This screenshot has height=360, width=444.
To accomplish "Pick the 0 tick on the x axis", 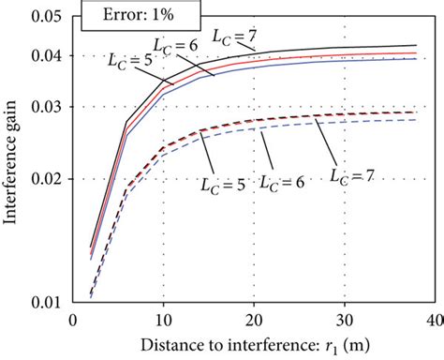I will click(x=73, y=321).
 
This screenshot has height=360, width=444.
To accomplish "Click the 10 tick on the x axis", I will click(x=163, y=321).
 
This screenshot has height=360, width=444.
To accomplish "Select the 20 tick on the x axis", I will click(x=254, y=321).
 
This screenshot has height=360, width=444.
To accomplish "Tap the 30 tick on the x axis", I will click(x=344, y=321).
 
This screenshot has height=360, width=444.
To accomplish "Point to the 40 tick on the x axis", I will click(x=433, y=321).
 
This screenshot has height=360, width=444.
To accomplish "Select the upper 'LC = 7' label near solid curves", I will click(x=233, y=37).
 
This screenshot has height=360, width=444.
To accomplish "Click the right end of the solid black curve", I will click(x=416, y=45).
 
